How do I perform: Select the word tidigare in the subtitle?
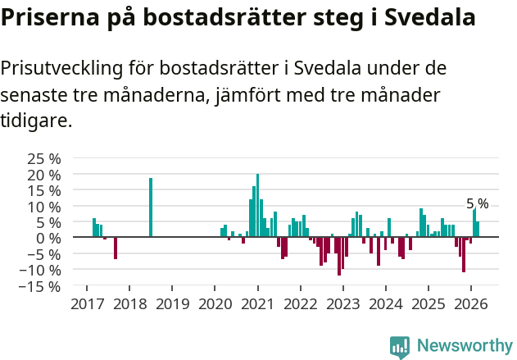pyautogui.click(x=34, y=121)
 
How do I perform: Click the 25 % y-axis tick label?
pyautogui.click(x=44, y=158)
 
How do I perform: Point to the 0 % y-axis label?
pyautogui.click(x=50, y=238)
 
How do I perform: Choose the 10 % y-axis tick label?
pyautogui.click(x=44, y=207)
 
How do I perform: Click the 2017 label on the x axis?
pyautogui.click(x=87, y=304)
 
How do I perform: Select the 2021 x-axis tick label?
pyautogui.click(x=257, y=304)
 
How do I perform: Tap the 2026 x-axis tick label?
pyautogui.click(x=470, y=304)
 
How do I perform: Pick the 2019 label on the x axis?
pyautogui.click(x=172, y=304)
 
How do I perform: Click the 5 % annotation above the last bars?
pyautogui.click(x=477, y=203)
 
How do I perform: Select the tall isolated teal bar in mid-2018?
pyautogui.click(x=151, y=207)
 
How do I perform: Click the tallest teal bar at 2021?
pyautogui.click(x=257, y=205)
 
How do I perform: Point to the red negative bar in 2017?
pyautogui.click(x=116, y=248)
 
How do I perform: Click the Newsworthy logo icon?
pyautogui.click(x=400, y=346)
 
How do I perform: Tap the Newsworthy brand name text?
pyautogui.click(x=465, y=346)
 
